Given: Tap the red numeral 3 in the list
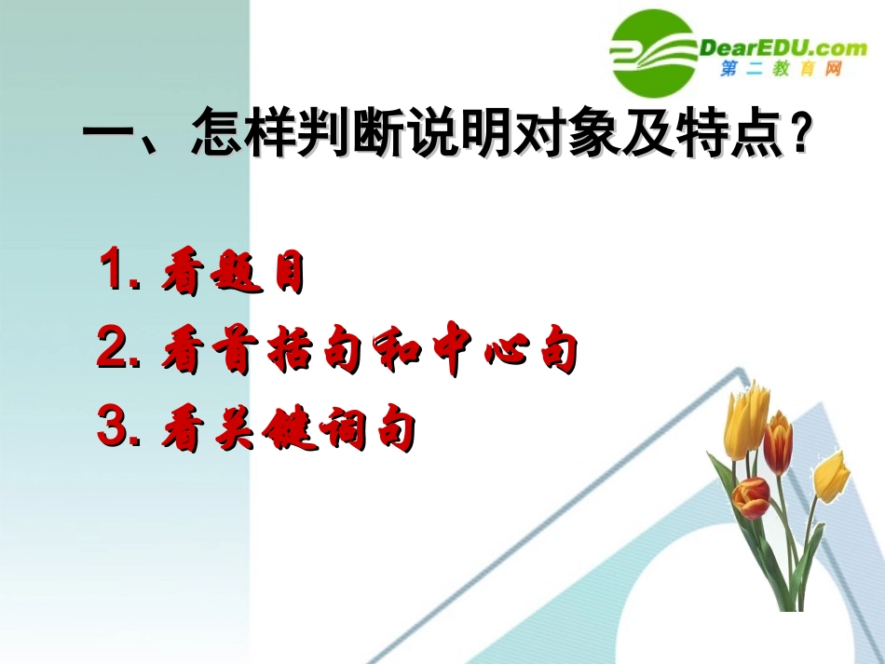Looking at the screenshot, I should pos(116,430).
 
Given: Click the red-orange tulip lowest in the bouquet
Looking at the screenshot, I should pos(751,496).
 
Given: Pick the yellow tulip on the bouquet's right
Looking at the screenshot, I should pos(830,475).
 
